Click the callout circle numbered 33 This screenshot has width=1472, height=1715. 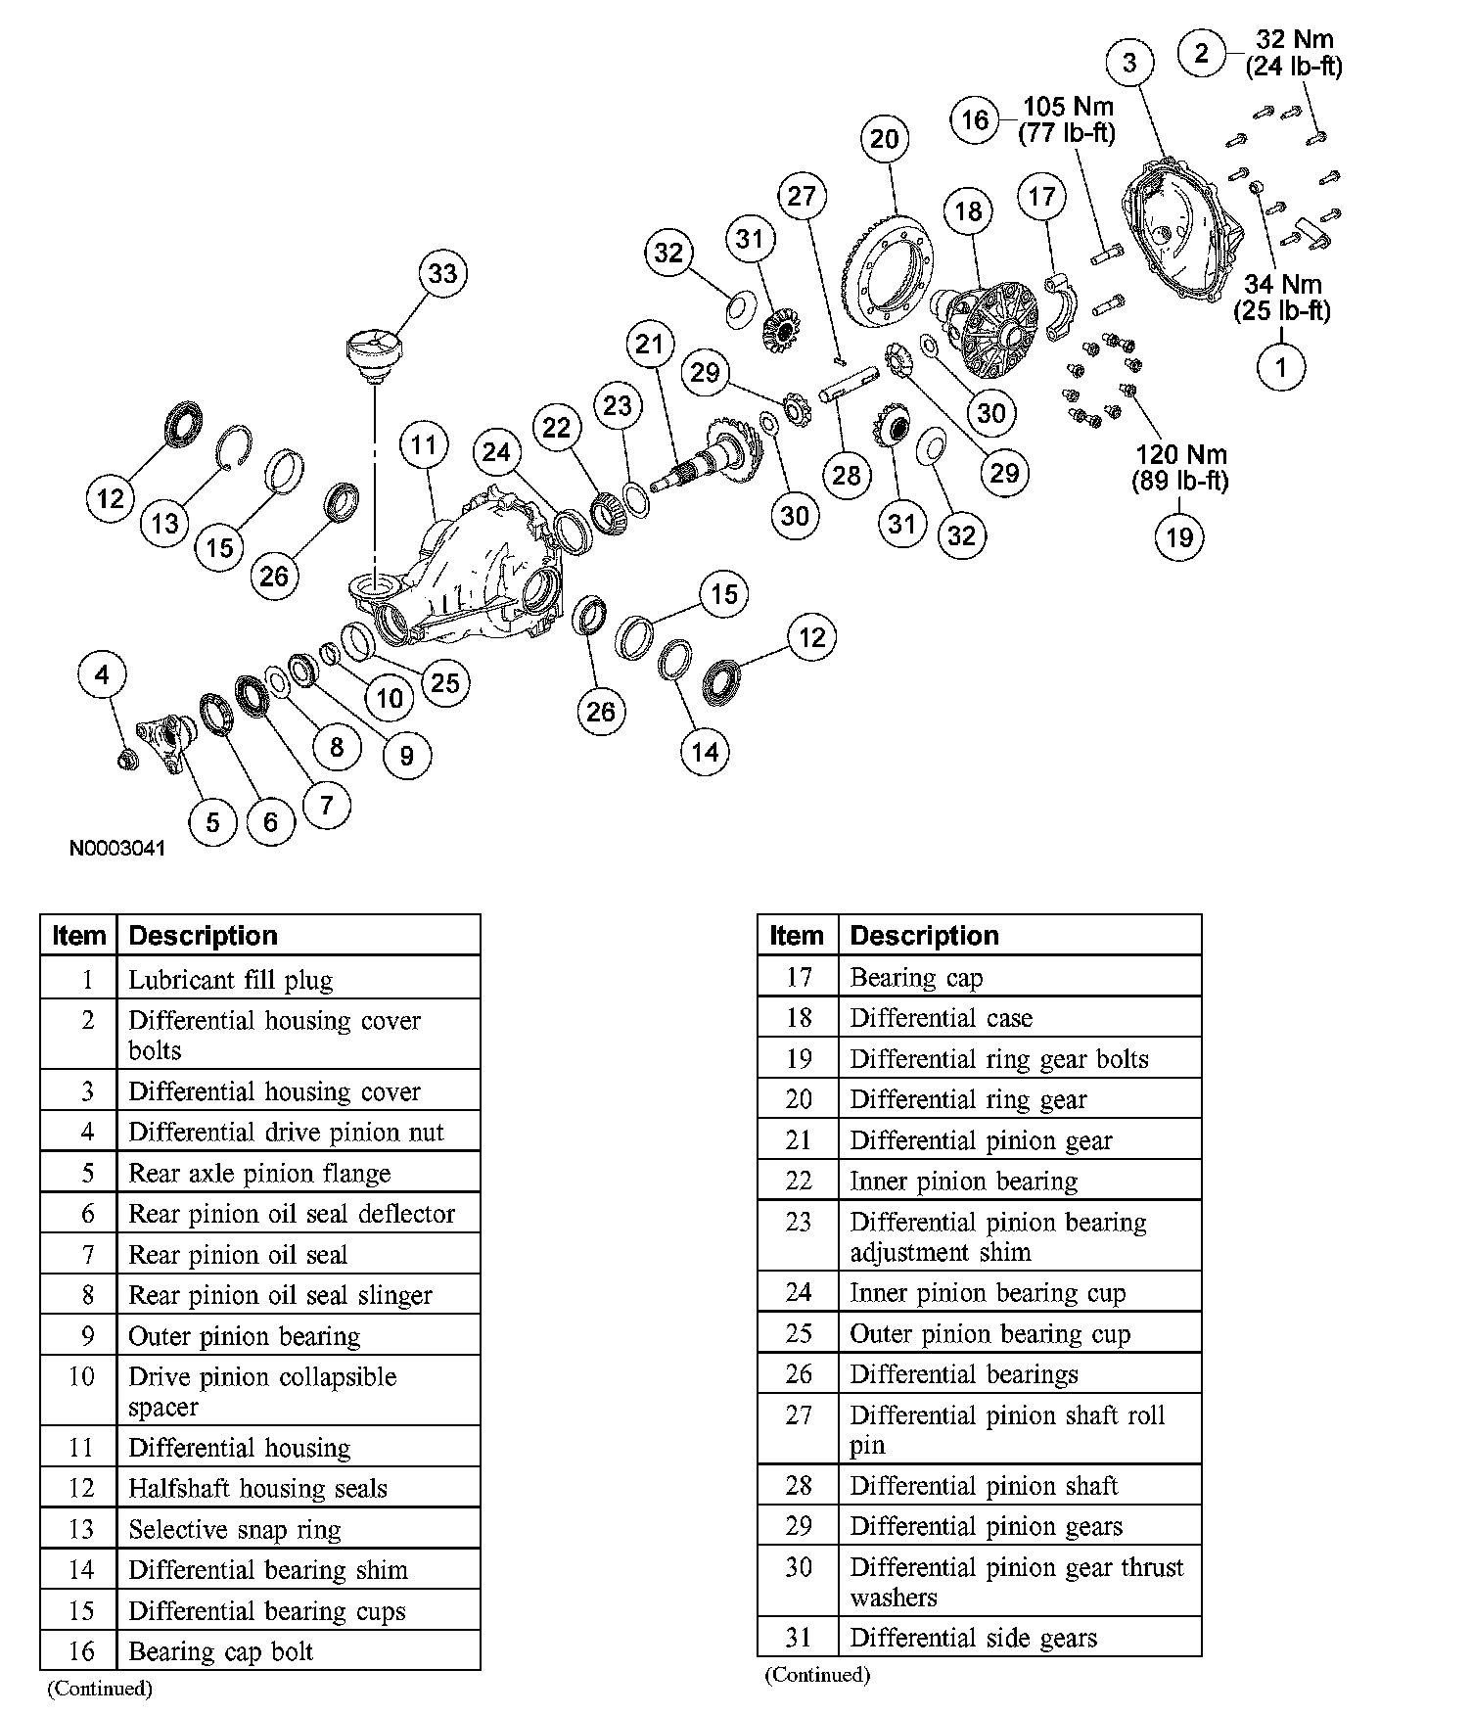pyautogui.click(x=442, y=273)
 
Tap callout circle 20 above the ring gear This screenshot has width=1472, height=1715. pyautogui.click(x=884, y=139)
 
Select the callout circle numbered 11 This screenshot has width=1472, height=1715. pyautogui.click(x=423, y=446)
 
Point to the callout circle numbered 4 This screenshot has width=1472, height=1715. pyautogui.click(x=103, y=674)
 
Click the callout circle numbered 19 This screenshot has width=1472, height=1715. pyautogui.click(x=1179, y=536)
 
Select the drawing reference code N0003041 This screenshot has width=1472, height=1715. pyautogui.click(x=117, y=848)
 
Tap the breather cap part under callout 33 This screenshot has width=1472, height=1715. pyautogui.click(x=375, y=356)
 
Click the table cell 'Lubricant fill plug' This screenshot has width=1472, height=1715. pyautogui.click(x=231, y=980)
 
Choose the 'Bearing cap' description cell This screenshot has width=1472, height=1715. pyautogui.click(x=916, y=977)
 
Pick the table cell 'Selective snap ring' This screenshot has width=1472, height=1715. pyautogui.click(x=235, y=1529)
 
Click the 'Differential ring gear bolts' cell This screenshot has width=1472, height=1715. pyautogui.click(x=998, y=1059)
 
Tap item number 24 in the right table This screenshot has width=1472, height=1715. pyautogui.click(x=799, y=1293)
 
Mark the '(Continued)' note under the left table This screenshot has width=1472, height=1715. pyautogui.click(x=100, y=1689)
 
